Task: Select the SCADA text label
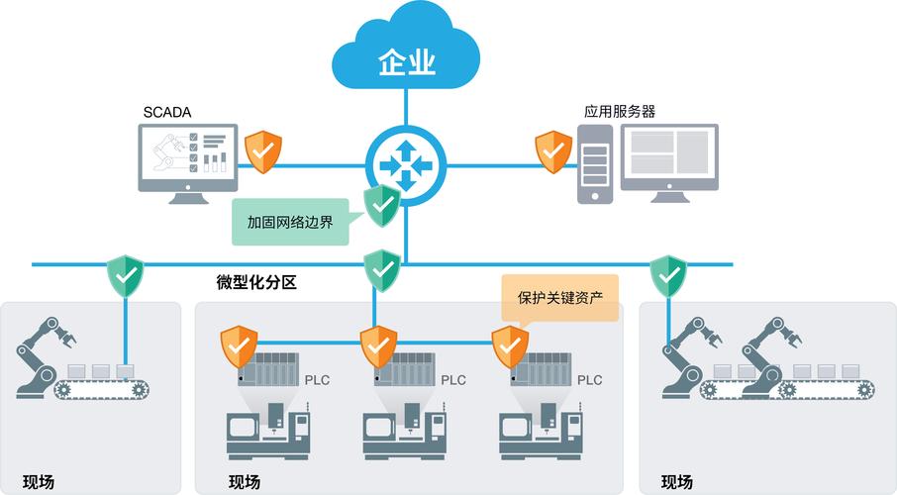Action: [165, 113]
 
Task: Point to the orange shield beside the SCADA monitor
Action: [264, 150]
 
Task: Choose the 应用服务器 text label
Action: [619, 112]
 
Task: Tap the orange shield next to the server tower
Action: [552, 150]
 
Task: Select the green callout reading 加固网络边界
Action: [290, 222]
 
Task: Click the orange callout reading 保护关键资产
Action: [560, 297]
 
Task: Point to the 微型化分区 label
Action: [256, 283]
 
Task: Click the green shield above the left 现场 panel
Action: [126, 276]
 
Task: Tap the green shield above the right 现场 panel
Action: [668, 276]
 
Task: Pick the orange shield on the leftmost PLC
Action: [239, 346]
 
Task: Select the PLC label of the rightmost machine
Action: [589, 379]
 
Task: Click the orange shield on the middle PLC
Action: [377, 346]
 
